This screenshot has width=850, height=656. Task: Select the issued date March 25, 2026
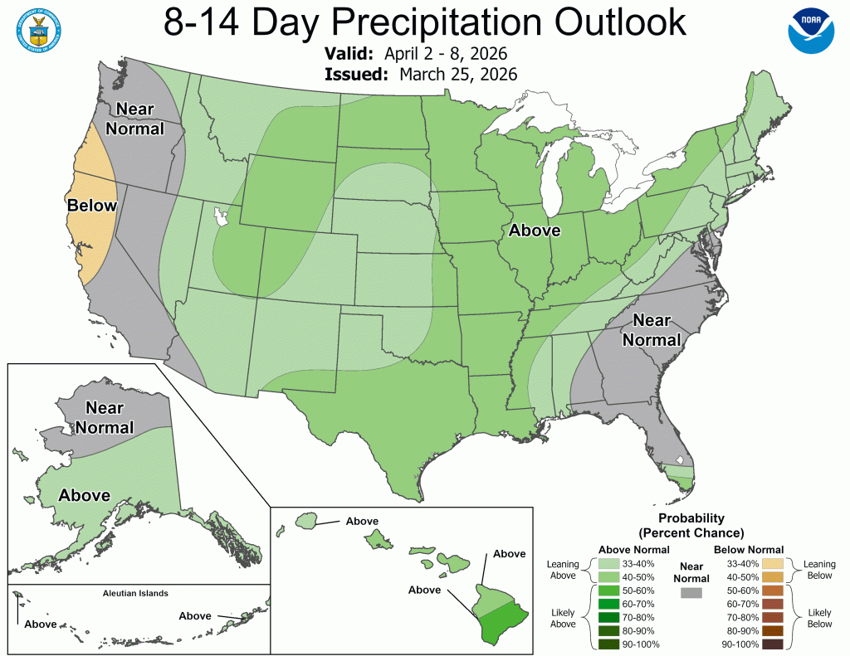(x=458, y=74)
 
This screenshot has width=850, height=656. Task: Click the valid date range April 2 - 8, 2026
(x=446, y=54)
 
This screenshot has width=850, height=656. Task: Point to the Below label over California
(x=92, y=205)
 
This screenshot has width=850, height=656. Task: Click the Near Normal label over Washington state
(x=139, y=119)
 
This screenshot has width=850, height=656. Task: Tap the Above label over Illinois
(x=535, y=231)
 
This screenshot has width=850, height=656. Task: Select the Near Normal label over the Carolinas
(x=652, y=329)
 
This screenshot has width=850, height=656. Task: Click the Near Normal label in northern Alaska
(x=105, y=418)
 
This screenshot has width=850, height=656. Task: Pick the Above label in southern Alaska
(x=85, y=495)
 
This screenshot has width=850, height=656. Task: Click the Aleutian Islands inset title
(x=135, y=593)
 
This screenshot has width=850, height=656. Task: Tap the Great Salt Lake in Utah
(x=221, y=217)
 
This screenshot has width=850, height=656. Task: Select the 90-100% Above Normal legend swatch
(x=608, y=644)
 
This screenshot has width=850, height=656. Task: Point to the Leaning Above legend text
(x=562, y=571)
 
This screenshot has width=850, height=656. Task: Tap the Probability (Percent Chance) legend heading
(x=691, y=525)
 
